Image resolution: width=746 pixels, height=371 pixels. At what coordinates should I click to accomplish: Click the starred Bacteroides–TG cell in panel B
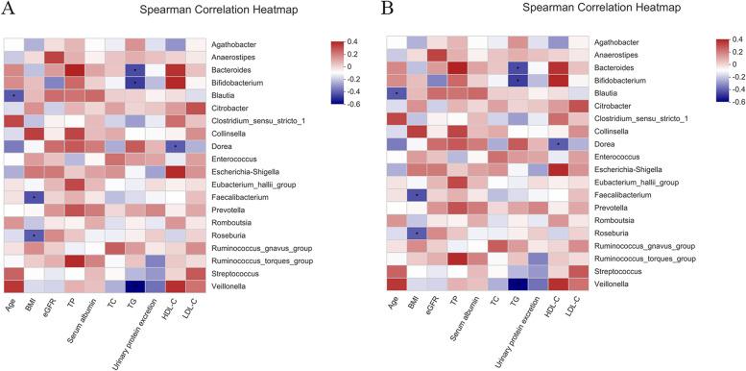(x=517, y=67)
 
